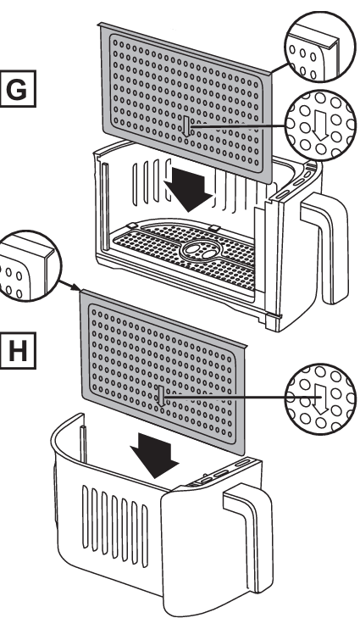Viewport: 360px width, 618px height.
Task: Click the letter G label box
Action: (x=18, y=89)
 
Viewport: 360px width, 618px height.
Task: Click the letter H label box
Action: (x=18, y=350)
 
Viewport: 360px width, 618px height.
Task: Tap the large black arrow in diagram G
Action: (x=189, y=190)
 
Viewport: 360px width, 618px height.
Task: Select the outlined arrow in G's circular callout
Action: (x=321, y=125)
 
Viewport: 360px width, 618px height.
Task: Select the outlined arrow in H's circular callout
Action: (x=322, y=399)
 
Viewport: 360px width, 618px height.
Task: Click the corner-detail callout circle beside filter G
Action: (x=320, y=47)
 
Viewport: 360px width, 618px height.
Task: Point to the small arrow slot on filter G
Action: (x=186, y=126)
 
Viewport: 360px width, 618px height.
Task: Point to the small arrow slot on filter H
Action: (x=161, y=396)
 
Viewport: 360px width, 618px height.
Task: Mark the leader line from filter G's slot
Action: (x=237, y=126)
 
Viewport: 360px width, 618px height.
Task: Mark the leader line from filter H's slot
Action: (x=225, y=398)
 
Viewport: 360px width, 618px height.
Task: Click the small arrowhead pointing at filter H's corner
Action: (x=76, y=288)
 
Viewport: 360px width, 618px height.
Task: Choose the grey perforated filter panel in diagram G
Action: (x=186, y=103)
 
